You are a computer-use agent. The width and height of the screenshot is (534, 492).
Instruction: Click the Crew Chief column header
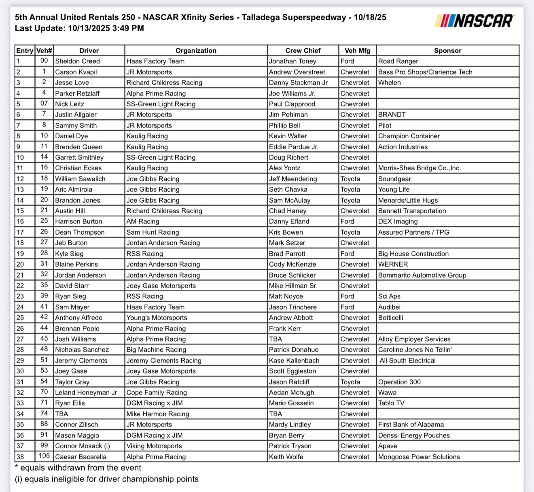(x=303, y=51)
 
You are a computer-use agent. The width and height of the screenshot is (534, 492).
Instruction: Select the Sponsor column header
(x=447, y=51)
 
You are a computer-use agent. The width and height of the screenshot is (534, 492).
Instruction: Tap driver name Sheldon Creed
(x=77, y=61)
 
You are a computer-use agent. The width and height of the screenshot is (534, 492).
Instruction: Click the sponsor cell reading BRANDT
(x=392, y=115)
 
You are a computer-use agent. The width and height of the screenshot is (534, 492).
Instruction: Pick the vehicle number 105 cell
(x=44, y=456)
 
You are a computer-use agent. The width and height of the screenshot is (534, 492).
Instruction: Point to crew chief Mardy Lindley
(x=290, y=424)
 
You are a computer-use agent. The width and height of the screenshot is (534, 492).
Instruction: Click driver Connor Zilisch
(x=76, y=424)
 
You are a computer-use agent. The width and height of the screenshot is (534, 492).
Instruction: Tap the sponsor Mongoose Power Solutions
(x=419, y=457)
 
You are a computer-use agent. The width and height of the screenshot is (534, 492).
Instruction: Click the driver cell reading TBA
(x=61, y=414)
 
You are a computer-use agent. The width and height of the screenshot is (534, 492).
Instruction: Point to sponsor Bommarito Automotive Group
(x=422, y=275)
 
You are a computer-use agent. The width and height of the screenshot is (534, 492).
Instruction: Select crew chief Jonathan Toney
(x=292, y=61)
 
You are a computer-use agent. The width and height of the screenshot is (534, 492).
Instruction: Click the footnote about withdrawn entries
(x=78, y=468)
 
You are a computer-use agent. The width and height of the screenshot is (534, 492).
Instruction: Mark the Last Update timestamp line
(x=79, y=28)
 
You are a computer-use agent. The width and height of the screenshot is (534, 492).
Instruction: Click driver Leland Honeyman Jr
(x=86, y=392)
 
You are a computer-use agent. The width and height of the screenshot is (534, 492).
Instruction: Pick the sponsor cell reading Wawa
(x=387, y=392)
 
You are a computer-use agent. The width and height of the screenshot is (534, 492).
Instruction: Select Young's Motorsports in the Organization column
(x=157, y=318)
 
